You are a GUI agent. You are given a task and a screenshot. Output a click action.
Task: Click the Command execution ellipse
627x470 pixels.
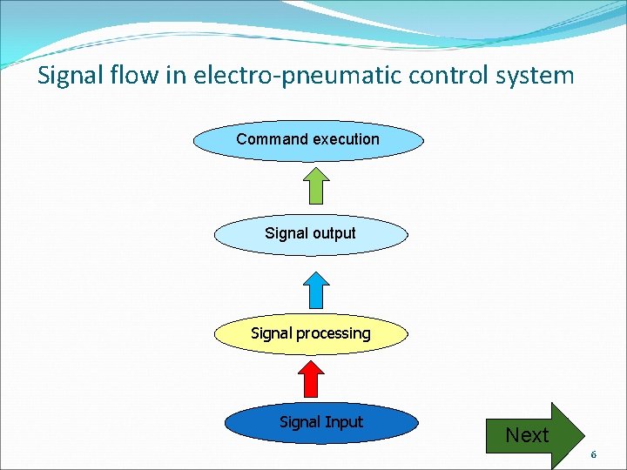[308, 141]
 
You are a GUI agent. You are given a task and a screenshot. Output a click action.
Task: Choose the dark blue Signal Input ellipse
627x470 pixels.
[320, 424]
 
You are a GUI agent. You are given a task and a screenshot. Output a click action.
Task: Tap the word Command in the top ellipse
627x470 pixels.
[273, 139]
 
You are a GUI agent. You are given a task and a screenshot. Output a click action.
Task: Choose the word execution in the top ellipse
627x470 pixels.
[347, 139]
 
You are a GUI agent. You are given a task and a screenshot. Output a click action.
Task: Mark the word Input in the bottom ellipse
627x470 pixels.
[344, 422]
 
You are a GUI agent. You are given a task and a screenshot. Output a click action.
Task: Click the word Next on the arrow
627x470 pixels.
[527, 435]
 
